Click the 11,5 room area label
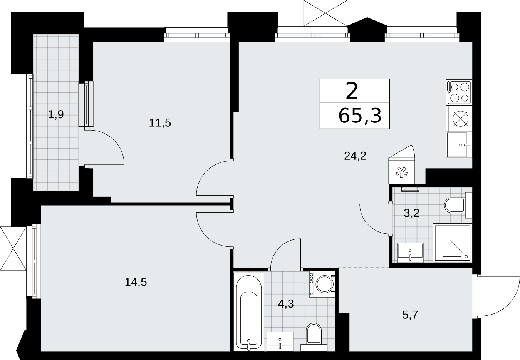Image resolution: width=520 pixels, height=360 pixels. (x=160, y=122)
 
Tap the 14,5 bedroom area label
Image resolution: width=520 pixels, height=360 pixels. (x=136, y=282)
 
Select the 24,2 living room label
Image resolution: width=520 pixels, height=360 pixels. (x=355, y=156)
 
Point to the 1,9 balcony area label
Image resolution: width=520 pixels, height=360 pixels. (x=56, y=114)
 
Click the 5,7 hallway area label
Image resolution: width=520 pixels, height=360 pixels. (x=410, y=315)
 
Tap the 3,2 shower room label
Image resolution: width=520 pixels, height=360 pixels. (x=412, y=213)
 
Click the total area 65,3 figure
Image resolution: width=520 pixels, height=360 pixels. (x=360, y=116)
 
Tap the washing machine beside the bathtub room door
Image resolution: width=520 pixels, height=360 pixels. (x=322, y=284)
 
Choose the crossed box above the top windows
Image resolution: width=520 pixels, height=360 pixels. (x=325, y=13)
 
